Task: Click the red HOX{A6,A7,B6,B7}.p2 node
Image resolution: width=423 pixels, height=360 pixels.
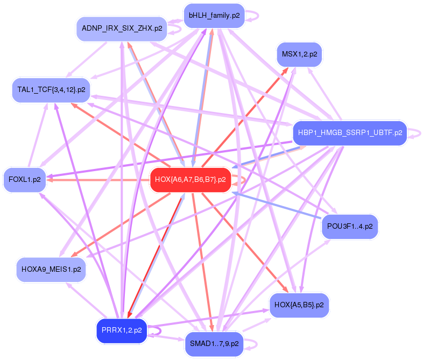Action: [x=191, y=179]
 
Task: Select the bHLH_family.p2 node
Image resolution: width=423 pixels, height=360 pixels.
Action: [x=214, y=16]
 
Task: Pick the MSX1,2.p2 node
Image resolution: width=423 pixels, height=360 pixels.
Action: [x=299, y=54]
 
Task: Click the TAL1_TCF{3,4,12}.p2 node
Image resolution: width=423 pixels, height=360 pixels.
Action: [x=51, y=89]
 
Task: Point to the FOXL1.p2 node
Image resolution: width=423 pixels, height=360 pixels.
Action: [x=25, y=179]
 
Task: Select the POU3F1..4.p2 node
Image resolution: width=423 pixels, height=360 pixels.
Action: [x=350, y=227]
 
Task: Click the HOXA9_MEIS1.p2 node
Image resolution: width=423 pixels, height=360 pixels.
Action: [x=51, y=269]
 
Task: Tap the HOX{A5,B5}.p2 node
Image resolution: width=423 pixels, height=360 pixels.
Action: [x=299, y=305]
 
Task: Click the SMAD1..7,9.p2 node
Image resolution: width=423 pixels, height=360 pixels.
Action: [x=214, y=343]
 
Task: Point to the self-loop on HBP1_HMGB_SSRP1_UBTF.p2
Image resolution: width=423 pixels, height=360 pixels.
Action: [x=415, y=133]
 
